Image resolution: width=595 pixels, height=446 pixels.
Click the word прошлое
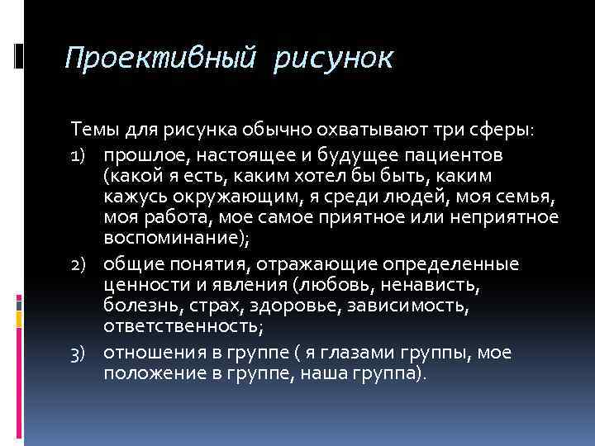145,155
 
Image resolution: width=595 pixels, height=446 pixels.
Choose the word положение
156,374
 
